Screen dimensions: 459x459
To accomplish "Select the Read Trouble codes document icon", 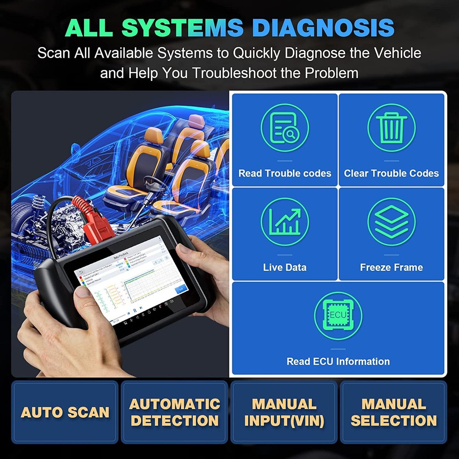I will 285,128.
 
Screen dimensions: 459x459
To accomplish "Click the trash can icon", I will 392,128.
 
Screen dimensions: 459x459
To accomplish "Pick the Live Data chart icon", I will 285,222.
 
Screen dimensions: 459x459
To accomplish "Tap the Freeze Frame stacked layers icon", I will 392,222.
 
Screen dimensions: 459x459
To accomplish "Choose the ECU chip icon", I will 338,316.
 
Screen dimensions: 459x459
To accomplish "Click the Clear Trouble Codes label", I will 392,174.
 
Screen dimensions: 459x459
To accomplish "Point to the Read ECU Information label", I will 338,361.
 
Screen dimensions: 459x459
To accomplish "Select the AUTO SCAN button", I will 65,412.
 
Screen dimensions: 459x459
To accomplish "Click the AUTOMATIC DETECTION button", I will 174,412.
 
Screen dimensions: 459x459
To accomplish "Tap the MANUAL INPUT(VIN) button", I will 284,412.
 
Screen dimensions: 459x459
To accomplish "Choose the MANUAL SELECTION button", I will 393,412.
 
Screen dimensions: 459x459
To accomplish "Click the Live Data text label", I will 285,267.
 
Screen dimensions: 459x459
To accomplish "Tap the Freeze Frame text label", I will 392,267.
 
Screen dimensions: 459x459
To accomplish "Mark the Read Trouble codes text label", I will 285,174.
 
